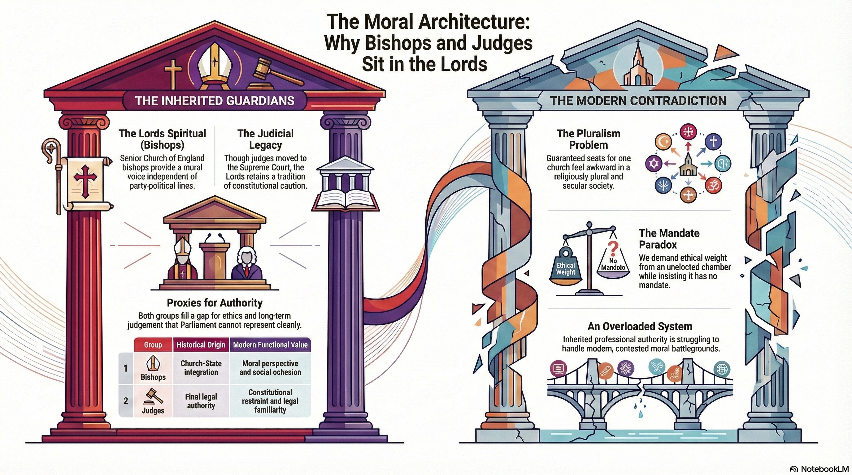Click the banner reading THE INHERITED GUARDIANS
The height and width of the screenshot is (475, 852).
(215, 101)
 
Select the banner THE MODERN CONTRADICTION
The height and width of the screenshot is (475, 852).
(638, 101)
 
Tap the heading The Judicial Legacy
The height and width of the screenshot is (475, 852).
(265, 139)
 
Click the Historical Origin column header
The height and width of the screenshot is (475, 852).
(201, 345)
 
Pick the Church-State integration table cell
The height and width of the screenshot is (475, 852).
(201, 368)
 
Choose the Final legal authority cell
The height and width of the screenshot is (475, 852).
(201, 401)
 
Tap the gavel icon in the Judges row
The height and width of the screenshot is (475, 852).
(153, 396)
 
